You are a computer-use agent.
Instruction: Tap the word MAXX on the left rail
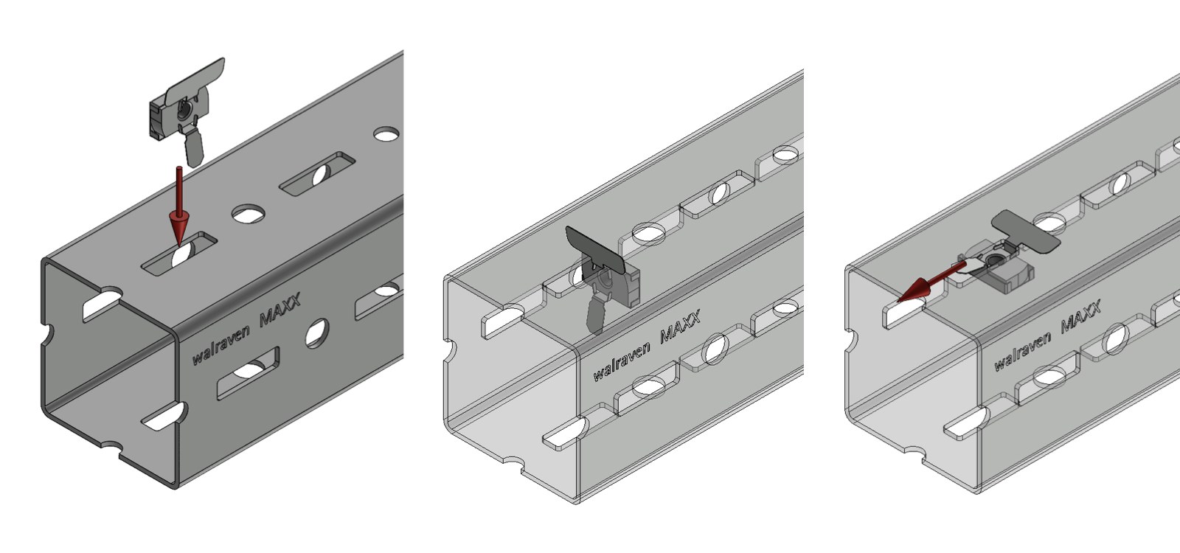tap(280, 309)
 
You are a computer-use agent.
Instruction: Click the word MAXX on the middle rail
tap(679, 327)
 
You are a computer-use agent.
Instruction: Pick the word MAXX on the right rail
tap(1080, 317)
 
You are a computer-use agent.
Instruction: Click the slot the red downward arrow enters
tap(179, 254)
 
